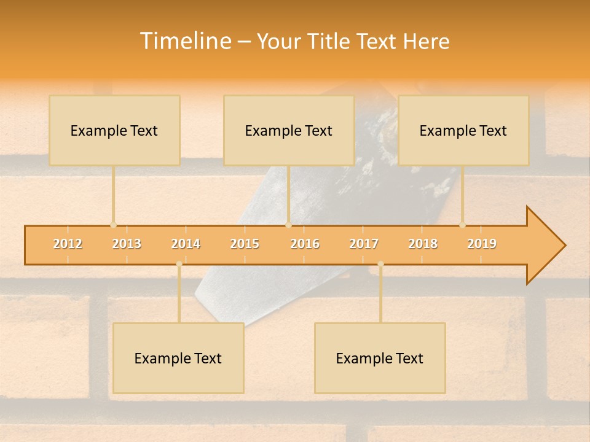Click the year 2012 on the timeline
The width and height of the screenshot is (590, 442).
click(68, 244)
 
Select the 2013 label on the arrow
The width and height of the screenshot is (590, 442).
click(127, 244)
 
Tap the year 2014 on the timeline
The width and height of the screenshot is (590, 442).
click(186, 244)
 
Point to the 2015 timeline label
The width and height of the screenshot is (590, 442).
click(245, 244)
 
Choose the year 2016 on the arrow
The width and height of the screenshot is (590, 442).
click(305, 244)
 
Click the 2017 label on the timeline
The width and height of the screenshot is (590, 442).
click(364, 244)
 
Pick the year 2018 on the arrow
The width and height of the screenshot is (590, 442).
click(423, 244)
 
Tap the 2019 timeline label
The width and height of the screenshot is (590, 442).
click(482, 244)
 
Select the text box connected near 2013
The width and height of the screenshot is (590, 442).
click(114, 130)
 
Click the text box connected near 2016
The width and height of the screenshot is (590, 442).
click(289, 130)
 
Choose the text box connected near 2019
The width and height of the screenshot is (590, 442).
click(463, 130)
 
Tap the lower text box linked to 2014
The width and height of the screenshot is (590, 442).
click(178, 358)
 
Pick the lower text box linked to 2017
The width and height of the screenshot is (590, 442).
click(380, 358)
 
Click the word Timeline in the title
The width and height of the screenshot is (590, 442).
click(184, 41)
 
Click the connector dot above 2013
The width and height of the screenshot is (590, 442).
click(113, 225)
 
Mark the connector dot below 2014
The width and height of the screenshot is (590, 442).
click(179, 265)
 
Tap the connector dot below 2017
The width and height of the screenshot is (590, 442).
click(380, 265)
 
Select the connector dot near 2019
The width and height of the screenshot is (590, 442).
click(462, 225)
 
